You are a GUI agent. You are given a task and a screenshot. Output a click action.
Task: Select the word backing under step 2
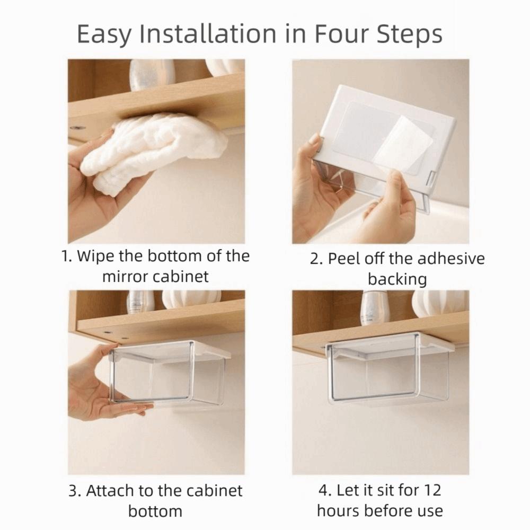(x=397, y=279)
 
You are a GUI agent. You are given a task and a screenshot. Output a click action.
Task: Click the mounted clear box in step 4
(x=390, y=371)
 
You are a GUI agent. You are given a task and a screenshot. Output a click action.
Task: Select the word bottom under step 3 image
(x=155, y=510)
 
